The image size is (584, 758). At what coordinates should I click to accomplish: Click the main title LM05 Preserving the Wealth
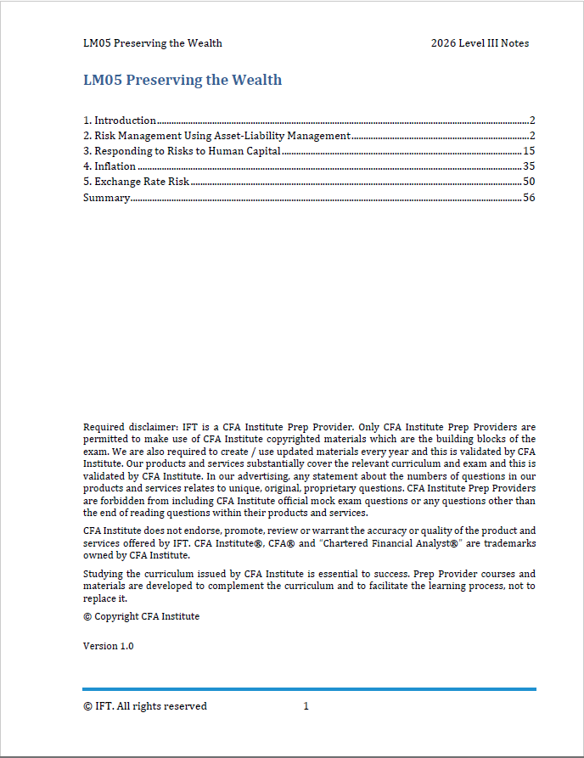(x=182, y=81)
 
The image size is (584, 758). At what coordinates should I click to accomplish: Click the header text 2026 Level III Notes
(x=480, y=43)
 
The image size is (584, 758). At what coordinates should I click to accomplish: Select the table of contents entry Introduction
(x=125, y=121)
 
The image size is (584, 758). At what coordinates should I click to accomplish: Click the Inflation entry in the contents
(x=115, y=166)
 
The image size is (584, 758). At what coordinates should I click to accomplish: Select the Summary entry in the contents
(x=106, y=197)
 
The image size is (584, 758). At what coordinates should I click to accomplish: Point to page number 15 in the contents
(x=529, y=151)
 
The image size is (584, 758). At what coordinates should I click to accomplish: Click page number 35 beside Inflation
(x=529, y=166)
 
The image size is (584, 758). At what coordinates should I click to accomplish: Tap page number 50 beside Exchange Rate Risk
(x=529, y=182)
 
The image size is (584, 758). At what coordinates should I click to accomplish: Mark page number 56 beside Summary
(x=529, y=197)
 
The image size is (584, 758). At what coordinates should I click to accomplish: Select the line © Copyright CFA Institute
(x=141, y=616)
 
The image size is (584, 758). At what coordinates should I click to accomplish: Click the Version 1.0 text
(x=108, y=646)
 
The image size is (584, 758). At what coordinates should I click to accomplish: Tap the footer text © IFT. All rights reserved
(x=144, y=706)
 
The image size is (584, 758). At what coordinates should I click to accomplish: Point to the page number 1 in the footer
(x=306, y=706)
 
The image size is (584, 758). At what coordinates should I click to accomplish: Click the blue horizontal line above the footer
(x=309, y=689)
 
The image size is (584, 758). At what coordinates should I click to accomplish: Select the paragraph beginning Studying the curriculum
(x=309, y=587)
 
